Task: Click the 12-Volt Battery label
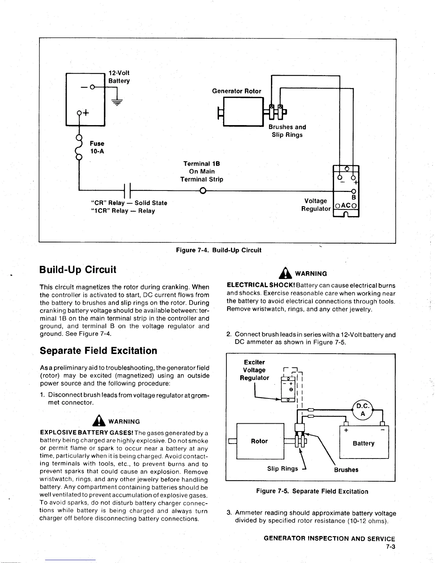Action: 119,77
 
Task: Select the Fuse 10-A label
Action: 97,148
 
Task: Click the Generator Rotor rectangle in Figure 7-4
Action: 242,112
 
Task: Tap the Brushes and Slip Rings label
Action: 287,131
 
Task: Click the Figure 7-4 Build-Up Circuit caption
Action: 219,250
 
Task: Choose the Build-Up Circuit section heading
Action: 78,269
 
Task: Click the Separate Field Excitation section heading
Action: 98,351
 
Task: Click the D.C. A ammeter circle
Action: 362,410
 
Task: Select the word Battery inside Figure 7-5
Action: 363,443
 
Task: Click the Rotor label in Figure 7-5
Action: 259,441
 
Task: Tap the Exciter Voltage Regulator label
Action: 254,370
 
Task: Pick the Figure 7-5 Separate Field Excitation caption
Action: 312,491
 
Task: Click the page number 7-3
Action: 391,547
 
